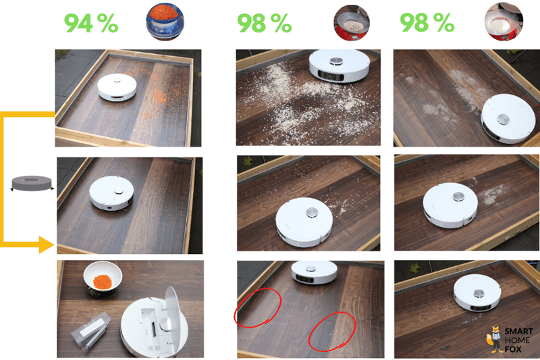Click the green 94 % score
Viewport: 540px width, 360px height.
pyautogui.click(x=91, y=23)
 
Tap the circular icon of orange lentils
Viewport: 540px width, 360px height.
pyautogui.click(x=165, y=21)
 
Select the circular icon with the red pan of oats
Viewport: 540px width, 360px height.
pyautogui.click(x=351, y=23)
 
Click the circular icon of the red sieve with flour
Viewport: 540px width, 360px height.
pyautogui.click(x=504, y=22)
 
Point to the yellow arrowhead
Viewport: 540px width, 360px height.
pyautogui.click(x=46, y=245)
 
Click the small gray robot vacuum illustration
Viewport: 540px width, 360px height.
pyautogui.click(x=32, y=183)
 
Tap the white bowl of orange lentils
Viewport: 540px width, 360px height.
pyautogui.click(x=103, y=278)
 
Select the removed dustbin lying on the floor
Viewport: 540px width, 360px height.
pyautogui.click(x=90, y=332)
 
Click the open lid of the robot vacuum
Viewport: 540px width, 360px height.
pyautogui.click(x=173, y=317)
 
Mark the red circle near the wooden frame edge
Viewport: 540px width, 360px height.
pyautogui.click(x=258, y=307)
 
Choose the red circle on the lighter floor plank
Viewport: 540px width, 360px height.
pyautogui.click(x=332, y=332)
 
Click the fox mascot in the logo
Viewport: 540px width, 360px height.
pyautogui.click(x=494, y=339)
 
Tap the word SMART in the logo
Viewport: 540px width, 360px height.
pyautogui.click(x=518, y=332)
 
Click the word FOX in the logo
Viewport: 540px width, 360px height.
pyautogui.click(x=513, y=349)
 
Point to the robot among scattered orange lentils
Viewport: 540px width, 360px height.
pyautogui.click(x=117, y=87)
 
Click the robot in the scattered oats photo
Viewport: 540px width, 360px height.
pyautogui.click(x=340, y=66)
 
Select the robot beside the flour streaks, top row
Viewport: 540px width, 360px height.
pyautogui.click(x=508, y=118)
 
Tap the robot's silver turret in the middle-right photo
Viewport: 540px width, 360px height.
pyautogui.click(x=458, y=197)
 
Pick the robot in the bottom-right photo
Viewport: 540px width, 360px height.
pyautogui.click(x=477, y=292)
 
